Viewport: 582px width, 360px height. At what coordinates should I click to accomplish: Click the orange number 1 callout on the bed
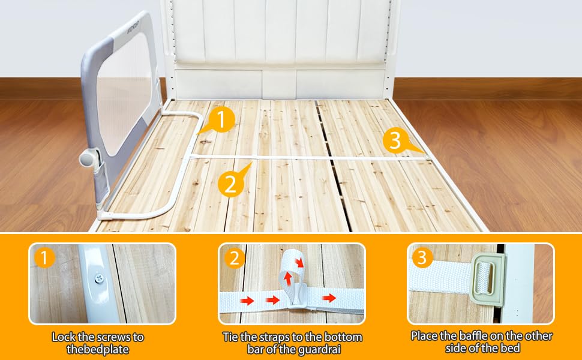(222, 121)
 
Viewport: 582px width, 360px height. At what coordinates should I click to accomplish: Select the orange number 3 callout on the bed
(394, 141)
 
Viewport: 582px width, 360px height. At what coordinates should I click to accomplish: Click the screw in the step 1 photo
(98, 278)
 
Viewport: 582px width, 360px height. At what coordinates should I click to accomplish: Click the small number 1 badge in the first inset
(44, 258)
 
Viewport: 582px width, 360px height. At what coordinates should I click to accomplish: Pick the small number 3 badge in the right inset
(422, 258)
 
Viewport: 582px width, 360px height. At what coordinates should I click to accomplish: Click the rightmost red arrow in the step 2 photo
(329, 298)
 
